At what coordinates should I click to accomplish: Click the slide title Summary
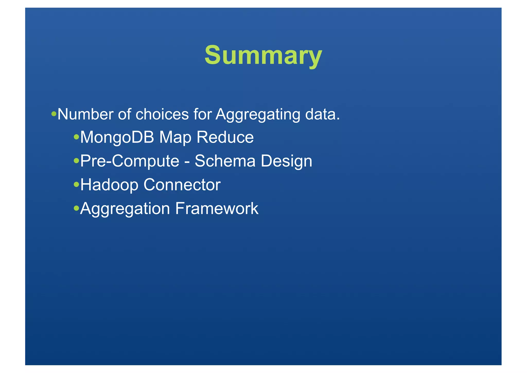click(x=263, y=55)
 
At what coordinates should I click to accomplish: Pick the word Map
click(x=175, y=137)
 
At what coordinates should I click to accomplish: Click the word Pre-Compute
click(x=130, y=161)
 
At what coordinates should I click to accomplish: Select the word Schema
click(x=225, y=161)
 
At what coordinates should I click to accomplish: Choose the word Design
click(x=286, y=161)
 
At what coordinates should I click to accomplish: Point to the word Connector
click(x=182, y=185)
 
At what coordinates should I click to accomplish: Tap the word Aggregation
click(x=125, y=209)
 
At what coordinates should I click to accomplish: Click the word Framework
click(x=217, y=208)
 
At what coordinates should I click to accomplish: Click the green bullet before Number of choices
click(x=54, y=114)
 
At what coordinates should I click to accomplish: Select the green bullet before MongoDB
click(x=76, y=137)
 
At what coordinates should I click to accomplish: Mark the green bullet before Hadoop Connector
click(x=76, y=184)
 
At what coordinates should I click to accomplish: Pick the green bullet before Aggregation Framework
click(x=76, y=208)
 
